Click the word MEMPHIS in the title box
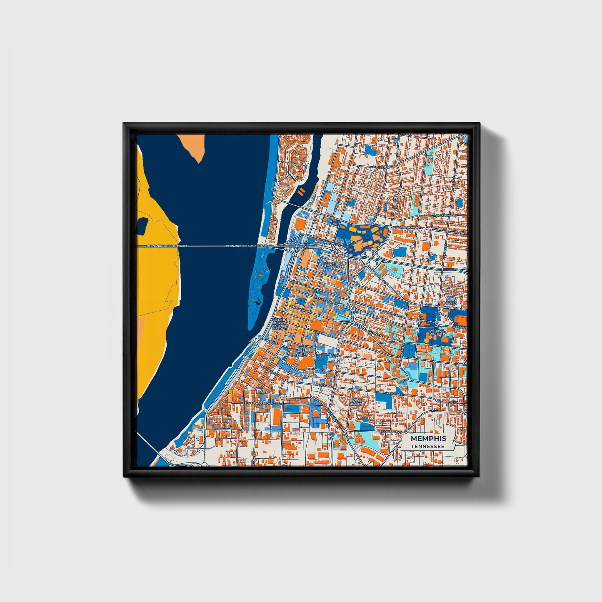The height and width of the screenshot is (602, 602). pos(428,438)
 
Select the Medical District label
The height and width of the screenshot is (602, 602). pos(437,332)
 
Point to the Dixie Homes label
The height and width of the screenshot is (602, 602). pos(451,301)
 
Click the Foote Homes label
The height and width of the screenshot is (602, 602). pos(356,403)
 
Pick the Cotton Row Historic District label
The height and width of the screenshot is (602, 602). pos(280,324)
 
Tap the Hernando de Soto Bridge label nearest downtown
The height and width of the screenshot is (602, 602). pos(246,246)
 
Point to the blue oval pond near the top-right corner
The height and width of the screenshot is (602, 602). pos(460,203)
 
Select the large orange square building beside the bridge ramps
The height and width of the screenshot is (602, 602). pos(300,225)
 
